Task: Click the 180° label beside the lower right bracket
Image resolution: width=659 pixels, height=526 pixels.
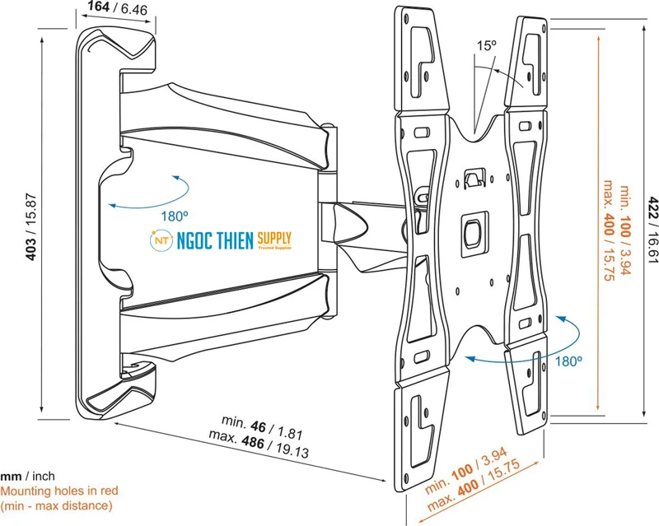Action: [x=568, y=361]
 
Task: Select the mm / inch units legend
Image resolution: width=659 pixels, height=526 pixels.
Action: [x=28, y=477]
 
